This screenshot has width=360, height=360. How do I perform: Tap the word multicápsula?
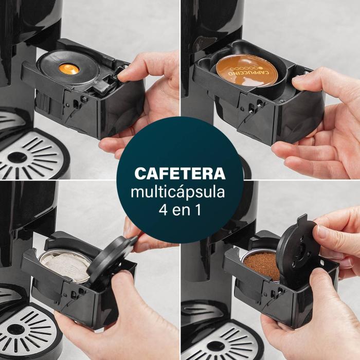tap(179, 193)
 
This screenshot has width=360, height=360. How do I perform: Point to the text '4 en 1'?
tap(179, 211)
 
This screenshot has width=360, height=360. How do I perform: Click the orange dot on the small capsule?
tap(68, 69)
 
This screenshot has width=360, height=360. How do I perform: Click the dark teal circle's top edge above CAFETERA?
tap(179, 119)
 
